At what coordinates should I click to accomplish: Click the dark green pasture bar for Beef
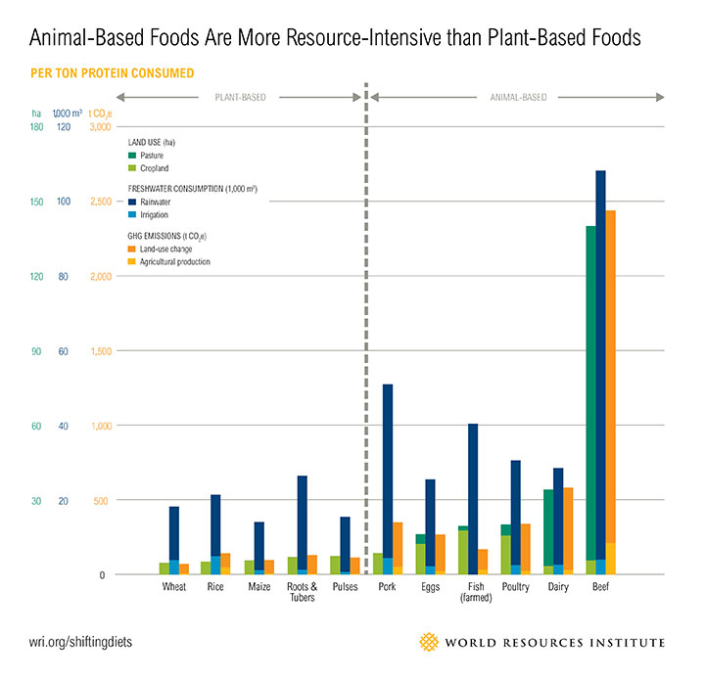pyautogui.click(x=590, y=391)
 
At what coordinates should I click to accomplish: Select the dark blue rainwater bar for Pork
pyautogui.click(x=388, y=470)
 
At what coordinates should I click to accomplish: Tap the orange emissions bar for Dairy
pyautogui.click(x=568, y=528)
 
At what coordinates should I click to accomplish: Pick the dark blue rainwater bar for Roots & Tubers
pyautogui.click(x=303, y=519)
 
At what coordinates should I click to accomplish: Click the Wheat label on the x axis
pyautogui.click(x=174, y=587)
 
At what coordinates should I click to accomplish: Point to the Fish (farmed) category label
pyautogui.click(x=474, y=592)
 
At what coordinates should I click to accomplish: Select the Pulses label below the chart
pyautogui.click(x=345, y=587)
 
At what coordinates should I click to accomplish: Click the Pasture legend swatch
pyautogui.click(x=132, y=156)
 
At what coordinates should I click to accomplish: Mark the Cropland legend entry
pyautogui.click(x=154, y=168)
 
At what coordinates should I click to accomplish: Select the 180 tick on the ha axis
pyautogui.click(x=37, y=127)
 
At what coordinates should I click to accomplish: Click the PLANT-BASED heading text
pyautogui.click(x=241, y=97)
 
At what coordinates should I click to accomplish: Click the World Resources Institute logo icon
pyautogui.click(x=429, y=642)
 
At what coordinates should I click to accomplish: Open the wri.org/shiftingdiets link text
pyautogui.click(x=80, y=642)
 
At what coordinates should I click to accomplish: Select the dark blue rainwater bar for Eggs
pyautogui.click(x=431, y=519)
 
